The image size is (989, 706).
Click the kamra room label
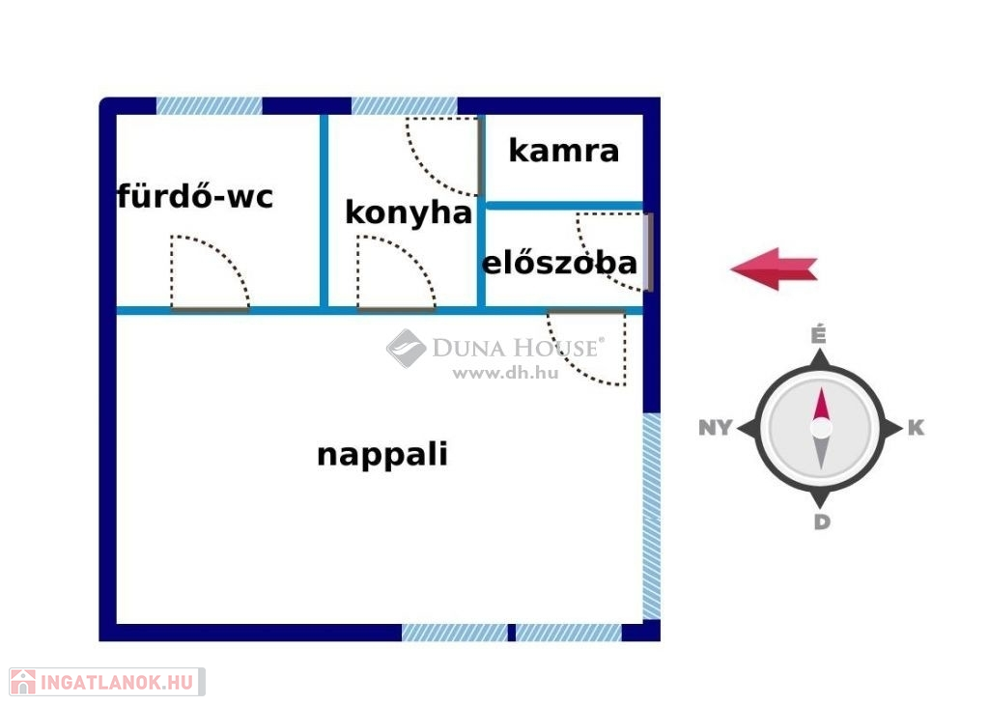[563, 151]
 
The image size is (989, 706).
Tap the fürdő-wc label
[195, 197]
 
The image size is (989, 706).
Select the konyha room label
[409, 212]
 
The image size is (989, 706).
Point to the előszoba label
[559, 263]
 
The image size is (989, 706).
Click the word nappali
[382, 454]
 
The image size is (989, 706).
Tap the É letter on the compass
[819, 335]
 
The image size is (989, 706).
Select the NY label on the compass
[715, 428]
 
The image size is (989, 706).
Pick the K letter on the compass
[917, 428]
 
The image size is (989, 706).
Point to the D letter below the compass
[821, 522]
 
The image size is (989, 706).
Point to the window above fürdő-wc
[210, 106]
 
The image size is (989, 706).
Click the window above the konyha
[404, 106]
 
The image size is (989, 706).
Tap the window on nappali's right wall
[652, 516]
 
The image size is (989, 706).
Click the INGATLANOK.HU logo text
[118, 683]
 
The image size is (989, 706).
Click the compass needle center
[821, 428]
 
